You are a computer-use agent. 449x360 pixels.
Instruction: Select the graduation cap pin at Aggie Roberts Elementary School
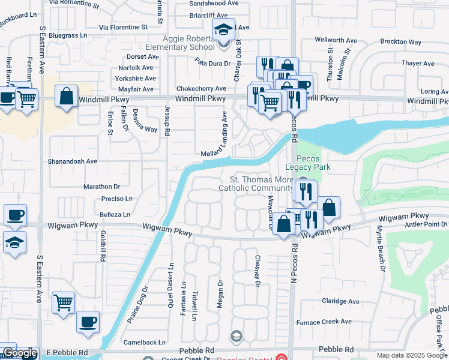point(223,30)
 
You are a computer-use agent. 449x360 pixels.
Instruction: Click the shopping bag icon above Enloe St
point(66,96)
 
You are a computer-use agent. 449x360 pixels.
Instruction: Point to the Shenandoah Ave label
point(73,161)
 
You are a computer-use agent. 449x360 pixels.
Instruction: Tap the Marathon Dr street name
point(102,187)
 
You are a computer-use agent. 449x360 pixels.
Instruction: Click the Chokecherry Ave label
point(199,88)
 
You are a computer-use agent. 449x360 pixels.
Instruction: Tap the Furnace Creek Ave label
point(324,322)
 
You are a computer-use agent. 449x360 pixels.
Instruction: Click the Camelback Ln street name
point(144,343)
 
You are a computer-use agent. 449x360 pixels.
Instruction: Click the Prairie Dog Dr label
point(137,305)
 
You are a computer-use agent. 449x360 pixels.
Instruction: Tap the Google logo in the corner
point(20,353)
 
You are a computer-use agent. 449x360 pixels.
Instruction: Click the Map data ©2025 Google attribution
point(412,355)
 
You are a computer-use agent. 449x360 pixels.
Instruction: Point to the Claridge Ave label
point(340,301)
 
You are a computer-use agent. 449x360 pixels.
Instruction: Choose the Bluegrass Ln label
point(68,36)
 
